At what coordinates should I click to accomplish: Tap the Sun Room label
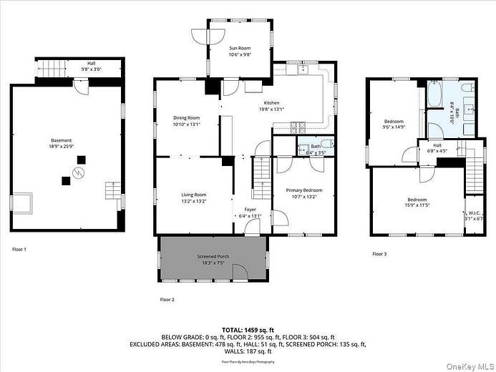click(x=239, y=49)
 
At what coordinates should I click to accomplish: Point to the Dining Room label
click(x=186, y=118)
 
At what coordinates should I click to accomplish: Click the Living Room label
click(x=193, y=195)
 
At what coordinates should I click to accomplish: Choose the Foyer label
click(x=251, y=210)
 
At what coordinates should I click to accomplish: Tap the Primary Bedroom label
click(x=305, y=190)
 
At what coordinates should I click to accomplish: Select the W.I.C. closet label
click(x=474, y=212)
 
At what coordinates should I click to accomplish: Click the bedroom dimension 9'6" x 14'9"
click(x=394, y=127)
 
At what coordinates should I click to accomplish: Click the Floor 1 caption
click(x=19, y=249)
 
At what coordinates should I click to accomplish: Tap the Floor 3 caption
click(x=379, y=253)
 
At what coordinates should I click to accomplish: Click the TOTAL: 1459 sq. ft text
click(x=248, y=328)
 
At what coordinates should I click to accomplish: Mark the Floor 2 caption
click(x=167, y=299)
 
